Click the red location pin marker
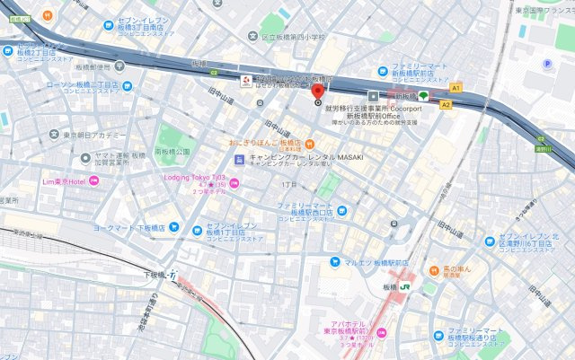[317, 92]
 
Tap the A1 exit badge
[456, 88]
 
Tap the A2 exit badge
[446, 104]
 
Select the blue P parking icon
[547, 64]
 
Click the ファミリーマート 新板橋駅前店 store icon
[384, 69]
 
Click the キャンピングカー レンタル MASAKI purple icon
[237, 160]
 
